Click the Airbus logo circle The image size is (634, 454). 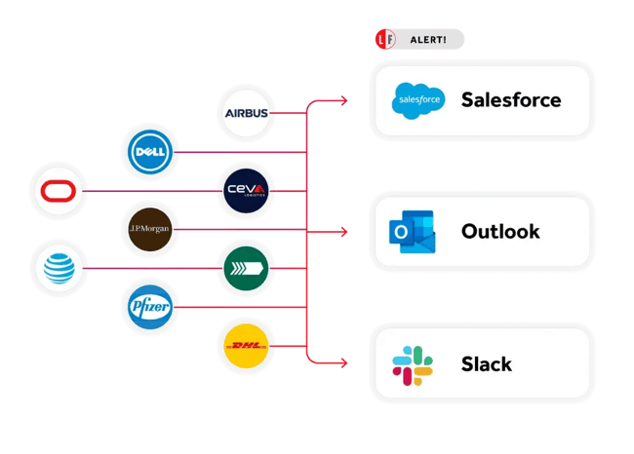pyautogui.click(x=246, y=113)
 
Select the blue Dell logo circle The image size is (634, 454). pyautogui.click(x=151, y=153)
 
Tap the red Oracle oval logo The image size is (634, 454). pyautogui.click(x=59, y=191)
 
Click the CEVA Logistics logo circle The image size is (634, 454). pyautogui.click(x=246, y=191)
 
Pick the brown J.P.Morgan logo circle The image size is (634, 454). pyautogui.click(x=151, y=230)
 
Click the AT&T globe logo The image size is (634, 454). pyautogui.click(x=59, y=268)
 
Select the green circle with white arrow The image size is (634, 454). pyautogui.click(x=246, y=268)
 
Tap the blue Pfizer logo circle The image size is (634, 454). pyautogui.click(x=151, y=307)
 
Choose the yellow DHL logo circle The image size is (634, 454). pyautogui.click(x=246, y=347)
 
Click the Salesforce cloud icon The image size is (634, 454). pyautogui.click(x=417, y=99)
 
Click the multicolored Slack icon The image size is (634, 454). pyautogui.click(x=412, y=364)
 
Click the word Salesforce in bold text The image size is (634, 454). pyautogui.click(x=510, y=99)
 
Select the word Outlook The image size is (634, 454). pyautogui.click(x=500, y=232)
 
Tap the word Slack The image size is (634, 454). pyautogui.click(x=486, y=364)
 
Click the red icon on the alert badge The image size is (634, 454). pyautogui.click(x=384, y=40)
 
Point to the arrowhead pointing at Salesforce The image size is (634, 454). pyautogui.click(x=343, y=99)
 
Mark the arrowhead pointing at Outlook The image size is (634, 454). pyautogui.click(x=343, y=232)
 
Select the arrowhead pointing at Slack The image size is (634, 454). pyautogui.click(x=343, y=364)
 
